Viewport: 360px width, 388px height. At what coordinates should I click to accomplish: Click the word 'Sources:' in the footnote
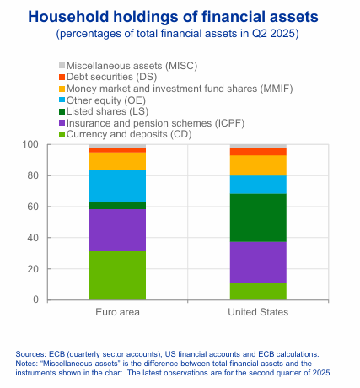(32, 353)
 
